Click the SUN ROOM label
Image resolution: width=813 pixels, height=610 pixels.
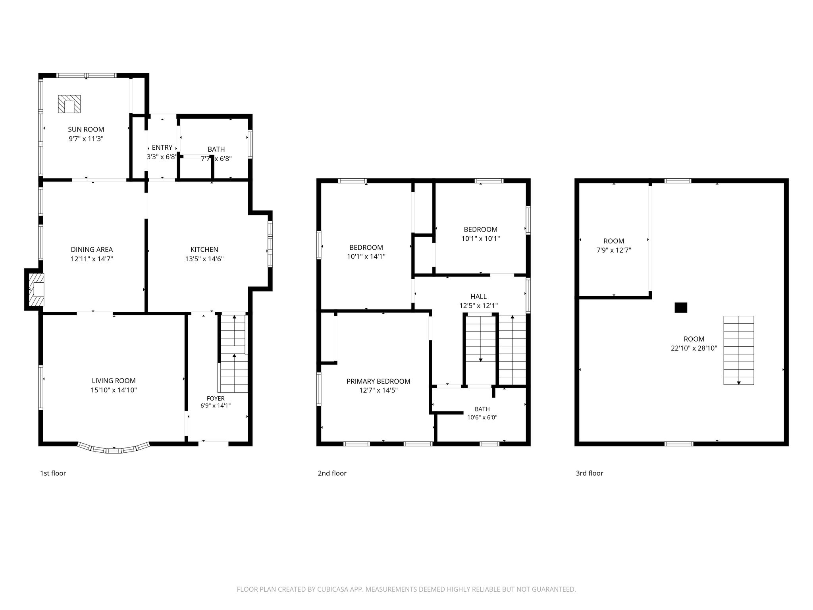[86, 129]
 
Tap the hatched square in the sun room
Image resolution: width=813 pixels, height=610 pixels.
[69, 104]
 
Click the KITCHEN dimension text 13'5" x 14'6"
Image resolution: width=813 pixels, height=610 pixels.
[204, 259]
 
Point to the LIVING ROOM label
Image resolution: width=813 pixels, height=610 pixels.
[114, 380]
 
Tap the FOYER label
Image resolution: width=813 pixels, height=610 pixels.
[216, 398]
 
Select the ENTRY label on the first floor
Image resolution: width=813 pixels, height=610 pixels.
[162, 148]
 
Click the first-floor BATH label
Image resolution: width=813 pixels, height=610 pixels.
[216, 149]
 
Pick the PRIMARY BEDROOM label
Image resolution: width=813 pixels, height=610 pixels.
[378, 381]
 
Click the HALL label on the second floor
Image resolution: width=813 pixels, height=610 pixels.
[478, 296]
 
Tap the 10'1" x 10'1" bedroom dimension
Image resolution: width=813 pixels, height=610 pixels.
[480, 239]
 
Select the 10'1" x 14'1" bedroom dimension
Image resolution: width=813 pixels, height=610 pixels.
[366, 257]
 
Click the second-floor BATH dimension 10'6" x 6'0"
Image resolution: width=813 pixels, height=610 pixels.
[482, 417]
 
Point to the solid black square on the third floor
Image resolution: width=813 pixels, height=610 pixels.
[681, 307]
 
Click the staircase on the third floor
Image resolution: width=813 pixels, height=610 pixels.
[738, 350]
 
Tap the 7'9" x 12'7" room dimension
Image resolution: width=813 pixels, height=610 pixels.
[614, 250]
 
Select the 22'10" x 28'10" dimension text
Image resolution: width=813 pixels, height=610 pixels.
[694, 348]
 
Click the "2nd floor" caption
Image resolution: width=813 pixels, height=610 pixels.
[332, 473]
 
